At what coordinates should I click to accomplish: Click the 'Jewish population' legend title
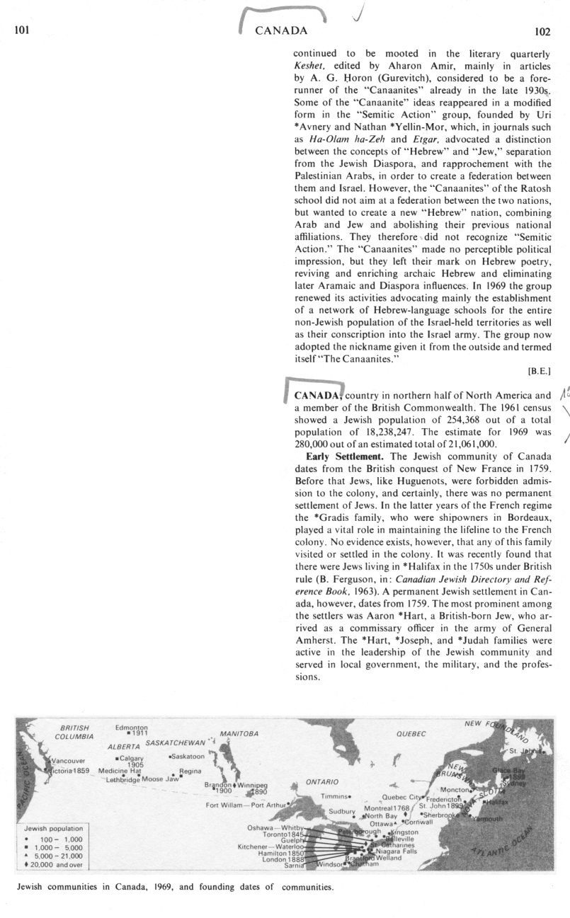pyautogui.click(x=53, y=827)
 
